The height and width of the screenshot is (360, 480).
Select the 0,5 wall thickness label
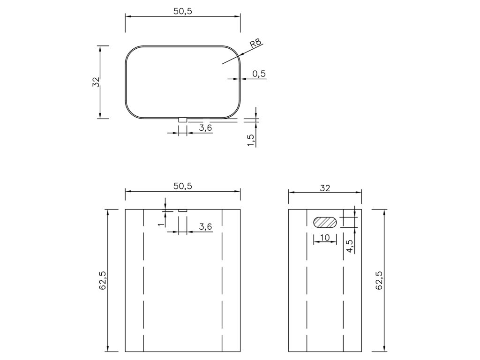click(259, 74)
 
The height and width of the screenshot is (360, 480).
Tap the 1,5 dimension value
click(251, 141)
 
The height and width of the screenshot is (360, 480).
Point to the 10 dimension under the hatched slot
click(325, 238)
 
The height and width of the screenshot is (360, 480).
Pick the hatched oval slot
click(325, 222)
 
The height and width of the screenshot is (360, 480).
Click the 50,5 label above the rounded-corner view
click(183, 11)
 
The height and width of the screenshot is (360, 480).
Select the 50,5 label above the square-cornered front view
click(183, 186)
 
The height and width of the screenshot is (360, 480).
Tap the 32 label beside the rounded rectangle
click(96, 82)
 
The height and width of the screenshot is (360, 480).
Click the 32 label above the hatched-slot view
click(325, 188)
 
